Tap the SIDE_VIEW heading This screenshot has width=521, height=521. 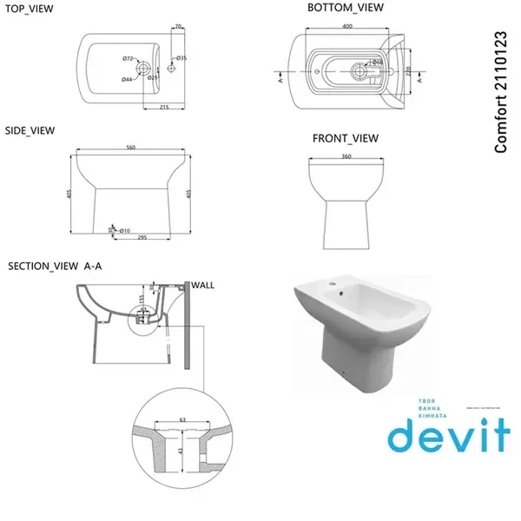30,130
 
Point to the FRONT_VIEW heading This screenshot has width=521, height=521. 346,138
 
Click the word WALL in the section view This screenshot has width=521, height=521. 203,284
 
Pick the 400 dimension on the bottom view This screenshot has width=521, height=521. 346,27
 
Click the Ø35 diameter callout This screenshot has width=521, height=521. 181,59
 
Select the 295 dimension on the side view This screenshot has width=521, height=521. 139,237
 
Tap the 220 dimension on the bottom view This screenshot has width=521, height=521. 408,72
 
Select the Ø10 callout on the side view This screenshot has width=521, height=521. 124,229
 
